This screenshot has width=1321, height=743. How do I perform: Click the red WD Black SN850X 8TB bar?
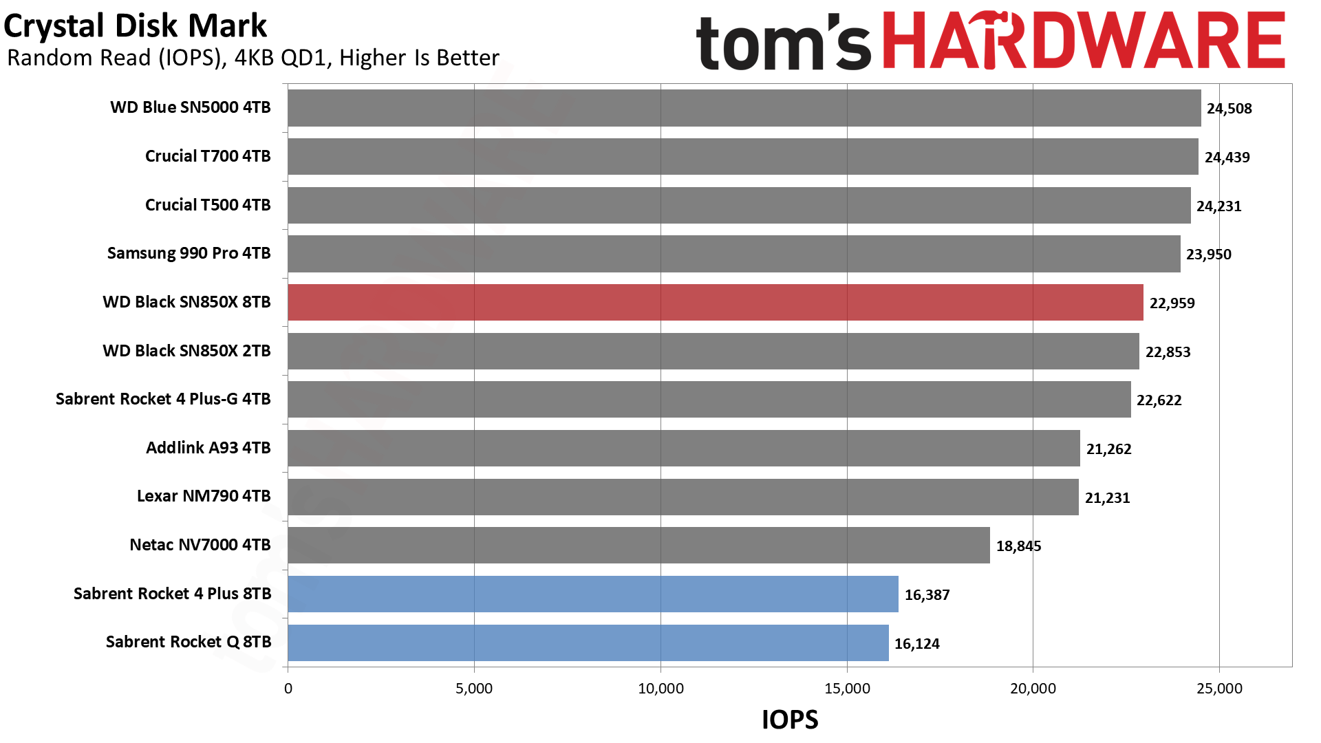tap(716, 302)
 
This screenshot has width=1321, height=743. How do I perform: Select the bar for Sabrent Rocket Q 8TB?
tap(588, 643)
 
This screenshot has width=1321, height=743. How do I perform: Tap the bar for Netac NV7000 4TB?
tap(639, 546)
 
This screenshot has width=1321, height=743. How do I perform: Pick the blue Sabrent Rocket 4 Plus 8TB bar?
tap(593, 594)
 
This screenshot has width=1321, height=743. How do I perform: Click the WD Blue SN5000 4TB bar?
tap(744, 108)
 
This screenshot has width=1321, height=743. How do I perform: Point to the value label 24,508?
tap(1229, 109)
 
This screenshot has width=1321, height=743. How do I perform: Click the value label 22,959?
tap(1172, 303)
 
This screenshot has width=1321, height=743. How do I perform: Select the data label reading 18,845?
tap(1019, 546)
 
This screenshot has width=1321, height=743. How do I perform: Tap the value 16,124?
tap(917, 644)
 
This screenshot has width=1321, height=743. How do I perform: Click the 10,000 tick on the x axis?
tap(660, 689)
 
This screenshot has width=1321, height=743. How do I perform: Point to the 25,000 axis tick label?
tap(1219, 689)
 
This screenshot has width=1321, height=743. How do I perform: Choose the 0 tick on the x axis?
tap(288, 689)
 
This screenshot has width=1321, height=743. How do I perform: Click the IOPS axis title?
tap(790, 720)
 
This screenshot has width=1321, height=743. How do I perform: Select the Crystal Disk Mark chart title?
tap(135, 26)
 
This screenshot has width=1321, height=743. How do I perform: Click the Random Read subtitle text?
tap(253, 58)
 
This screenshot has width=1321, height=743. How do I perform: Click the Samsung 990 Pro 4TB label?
tap(189, 253)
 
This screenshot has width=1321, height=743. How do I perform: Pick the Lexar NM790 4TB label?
tap(204, 496)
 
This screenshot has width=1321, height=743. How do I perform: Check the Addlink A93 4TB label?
tap(208, 448)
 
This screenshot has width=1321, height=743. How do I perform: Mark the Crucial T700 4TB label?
tap(208, 156)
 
